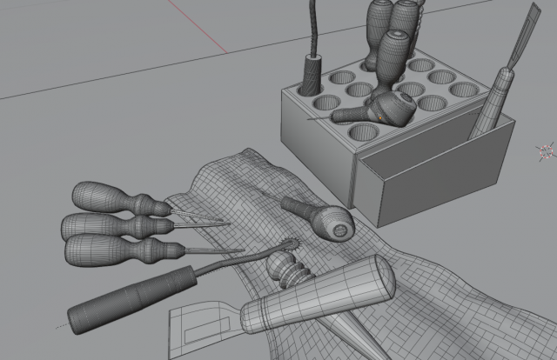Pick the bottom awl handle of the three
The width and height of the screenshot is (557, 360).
[109, 250]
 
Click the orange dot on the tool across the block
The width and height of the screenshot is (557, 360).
[378, 114]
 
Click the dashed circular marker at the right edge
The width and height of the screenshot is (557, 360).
[547, 150]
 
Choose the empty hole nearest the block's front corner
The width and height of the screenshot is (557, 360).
[365, 132]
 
